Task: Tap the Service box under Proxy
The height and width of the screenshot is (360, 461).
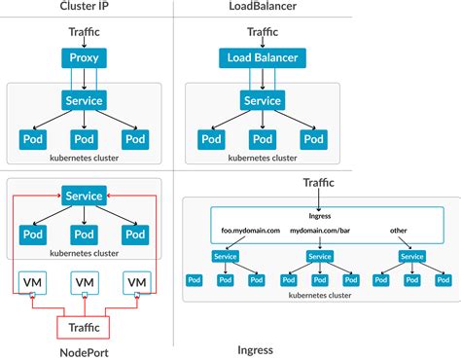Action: tap(84, 100)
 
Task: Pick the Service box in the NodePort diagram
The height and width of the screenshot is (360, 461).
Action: tap(84, 196)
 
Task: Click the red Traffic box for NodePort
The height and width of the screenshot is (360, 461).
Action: tap(84, 327)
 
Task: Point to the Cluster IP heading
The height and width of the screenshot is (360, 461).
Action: tap(84, 8)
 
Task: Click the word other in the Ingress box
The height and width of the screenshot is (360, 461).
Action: tap(398, 232)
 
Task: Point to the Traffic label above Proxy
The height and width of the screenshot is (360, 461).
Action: tap(84, 32)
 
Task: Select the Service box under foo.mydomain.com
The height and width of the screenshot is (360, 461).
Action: tap(225, 257)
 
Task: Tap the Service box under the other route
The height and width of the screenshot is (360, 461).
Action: tap(411, 257)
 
